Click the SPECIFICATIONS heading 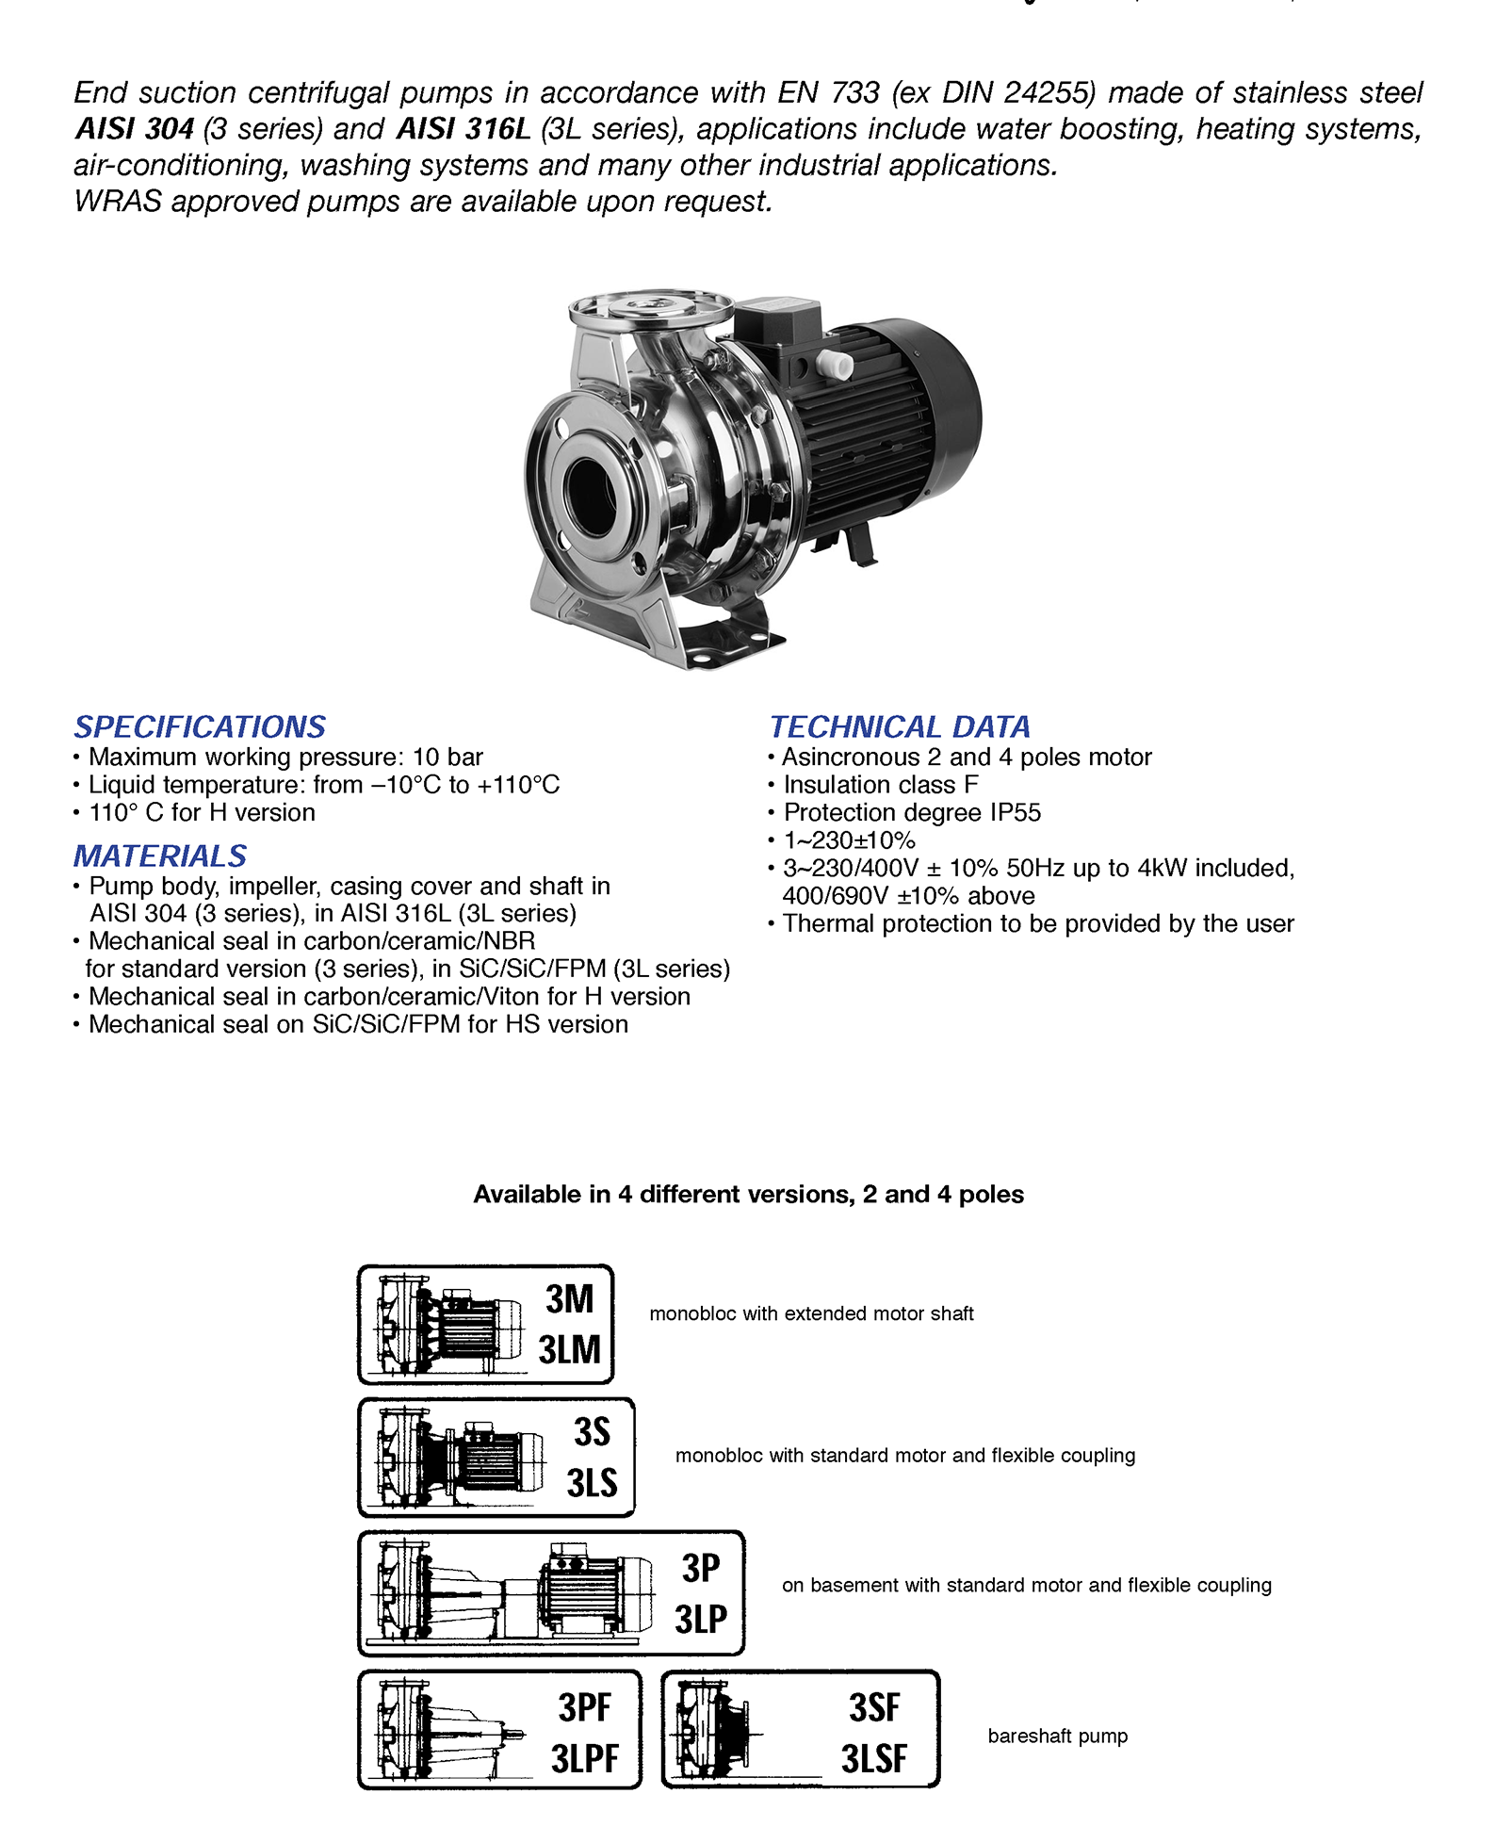(x=200, y=726)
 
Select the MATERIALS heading (x=160, y=856)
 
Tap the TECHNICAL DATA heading (x=900, y=726)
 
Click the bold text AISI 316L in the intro (x=463, y=128)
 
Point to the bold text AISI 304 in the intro (x=135, y=128)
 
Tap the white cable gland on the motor (x=833, y=365)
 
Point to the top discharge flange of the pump (x=650, y=306)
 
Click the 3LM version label (x=569, y=1350)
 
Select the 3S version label (x=592, y=1432)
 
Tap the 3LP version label (x=701, y=1619)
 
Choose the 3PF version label (x=584, y=1707)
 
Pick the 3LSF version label (x=873, y=1758)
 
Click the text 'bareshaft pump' (x=1057, y=1736)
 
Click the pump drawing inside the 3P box (x=513, y=1592)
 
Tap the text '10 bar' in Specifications (x=447, y=757)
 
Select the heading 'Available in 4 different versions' (x=748, y=1194)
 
